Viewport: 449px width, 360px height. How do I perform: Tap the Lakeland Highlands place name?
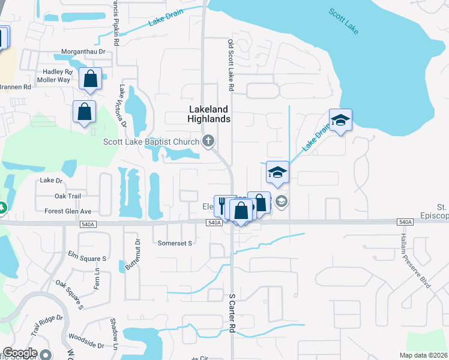point(209,114)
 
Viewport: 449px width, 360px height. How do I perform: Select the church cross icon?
point(208,142)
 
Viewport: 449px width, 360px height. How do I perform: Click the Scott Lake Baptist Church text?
point(151,142)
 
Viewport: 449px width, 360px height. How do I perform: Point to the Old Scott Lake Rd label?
point(231,66)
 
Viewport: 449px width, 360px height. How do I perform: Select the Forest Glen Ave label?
point(68,211)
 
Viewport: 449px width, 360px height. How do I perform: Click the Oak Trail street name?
point(67,196)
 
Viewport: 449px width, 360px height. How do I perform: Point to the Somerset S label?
point(175,243)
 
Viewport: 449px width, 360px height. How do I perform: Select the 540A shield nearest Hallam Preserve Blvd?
point(405,222)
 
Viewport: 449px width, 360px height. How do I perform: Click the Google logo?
point(20,353)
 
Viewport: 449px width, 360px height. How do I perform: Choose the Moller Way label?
point(55,80)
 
